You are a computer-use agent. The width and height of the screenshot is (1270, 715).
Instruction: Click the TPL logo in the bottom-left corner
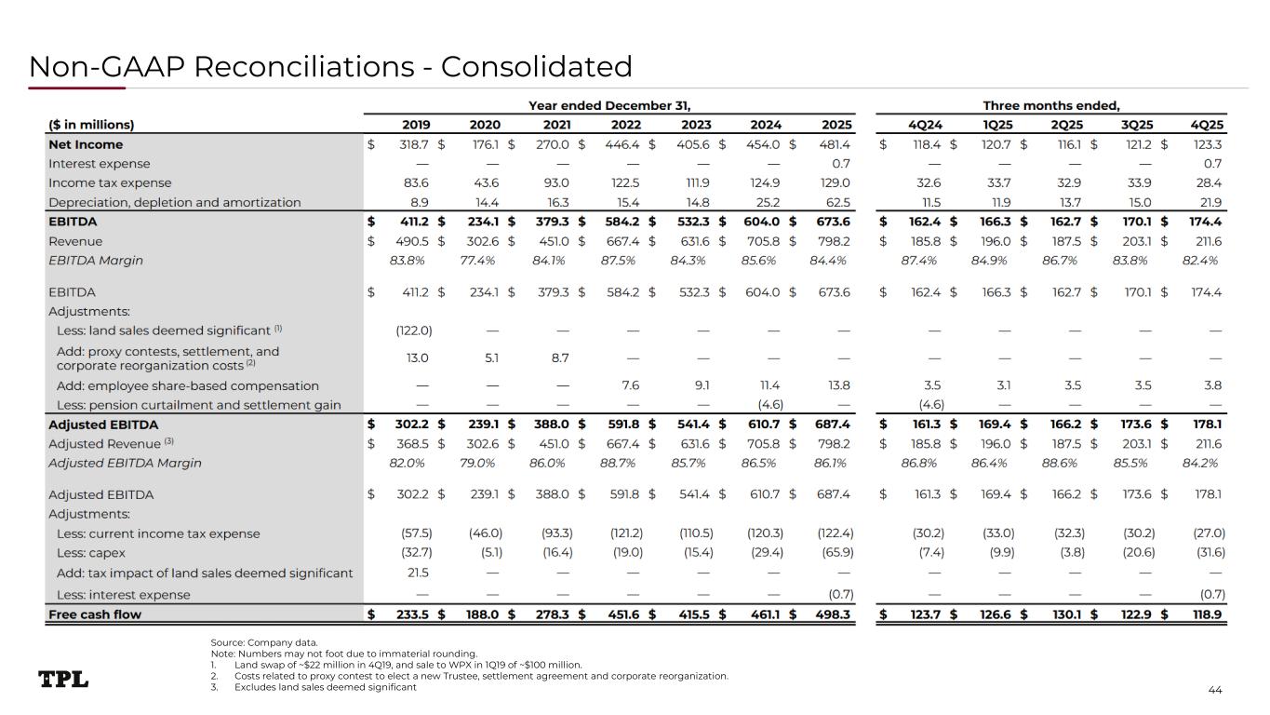pos(63,680)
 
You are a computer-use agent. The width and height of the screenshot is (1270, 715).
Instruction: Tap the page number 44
pos(1214,689)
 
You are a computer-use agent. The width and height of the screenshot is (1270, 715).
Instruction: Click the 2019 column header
pos(416,125)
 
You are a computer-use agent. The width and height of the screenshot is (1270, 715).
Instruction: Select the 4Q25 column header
pos(1208,125)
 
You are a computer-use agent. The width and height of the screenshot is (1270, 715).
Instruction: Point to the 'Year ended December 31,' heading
pos(609,105)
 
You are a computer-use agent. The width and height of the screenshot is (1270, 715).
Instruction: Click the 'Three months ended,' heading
pos(1051,105)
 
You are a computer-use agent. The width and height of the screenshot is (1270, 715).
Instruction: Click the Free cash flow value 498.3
pos(834,614)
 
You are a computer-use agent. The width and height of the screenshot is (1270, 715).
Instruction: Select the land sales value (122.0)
pos(413,330)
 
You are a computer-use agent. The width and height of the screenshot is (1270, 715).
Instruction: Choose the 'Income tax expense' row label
pos(110,183)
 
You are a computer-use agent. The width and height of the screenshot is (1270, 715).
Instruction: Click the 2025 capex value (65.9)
pos(835,553)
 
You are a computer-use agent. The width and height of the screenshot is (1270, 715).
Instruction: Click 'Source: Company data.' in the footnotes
pos(264,642)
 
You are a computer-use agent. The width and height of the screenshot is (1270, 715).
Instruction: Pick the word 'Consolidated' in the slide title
pos(537,66)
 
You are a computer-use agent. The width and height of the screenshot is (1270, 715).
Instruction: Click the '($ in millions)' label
pos(91,125)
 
